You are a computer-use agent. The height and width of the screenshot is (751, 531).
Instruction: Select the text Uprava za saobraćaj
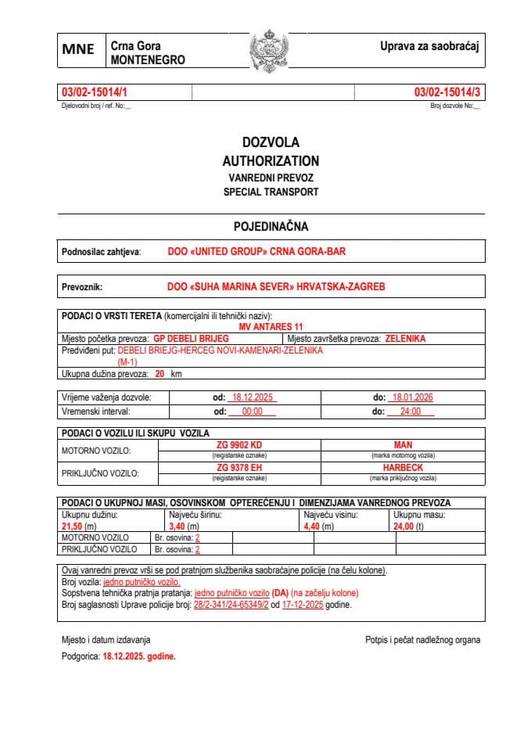click(x=429, y=46)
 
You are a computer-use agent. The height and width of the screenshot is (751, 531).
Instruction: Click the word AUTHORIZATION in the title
click(x=271, y=160)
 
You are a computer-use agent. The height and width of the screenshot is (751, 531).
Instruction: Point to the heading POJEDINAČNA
click(x=271, y=227)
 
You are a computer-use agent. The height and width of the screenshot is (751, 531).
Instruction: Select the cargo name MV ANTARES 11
click(x=271, y=326)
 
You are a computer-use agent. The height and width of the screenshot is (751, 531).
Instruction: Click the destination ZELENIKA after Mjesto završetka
click(x=405, y=339)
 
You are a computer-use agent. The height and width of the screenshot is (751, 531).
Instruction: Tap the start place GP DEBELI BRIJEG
click(x=191, y=339)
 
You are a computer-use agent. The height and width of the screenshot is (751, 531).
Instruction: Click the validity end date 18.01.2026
click(x=412, y=397)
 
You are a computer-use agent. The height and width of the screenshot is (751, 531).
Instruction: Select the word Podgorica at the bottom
click(x=81, y=656)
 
